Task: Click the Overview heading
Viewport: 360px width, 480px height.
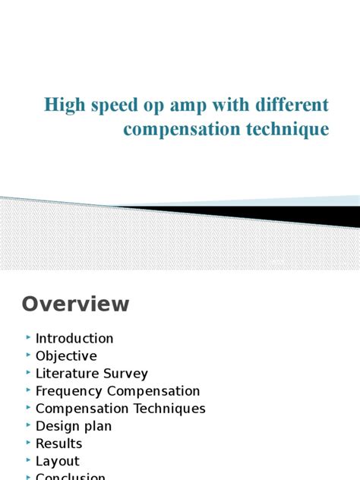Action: pos(75,304)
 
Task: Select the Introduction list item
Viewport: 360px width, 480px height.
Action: pos(74,339)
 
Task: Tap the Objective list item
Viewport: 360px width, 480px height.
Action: pos(66,356)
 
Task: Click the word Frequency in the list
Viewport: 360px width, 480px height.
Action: pos(70,391)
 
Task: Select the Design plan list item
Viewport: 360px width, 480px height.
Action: pos(74,426)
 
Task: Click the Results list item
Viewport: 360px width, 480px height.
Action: pos(58,444)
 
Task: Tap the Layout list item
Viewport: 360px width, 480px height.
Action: pos(57,461)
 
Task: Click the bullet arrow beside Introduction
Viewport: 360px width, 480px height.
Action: pos(27,337)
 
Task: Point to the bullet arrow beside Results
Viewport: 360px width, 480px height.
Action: pos(27,442)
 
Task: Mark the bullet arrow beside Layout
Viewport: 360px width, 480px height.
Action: pos(27,459)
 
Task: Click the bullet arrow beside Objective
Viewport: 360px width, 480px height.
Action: pos(27,355)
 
